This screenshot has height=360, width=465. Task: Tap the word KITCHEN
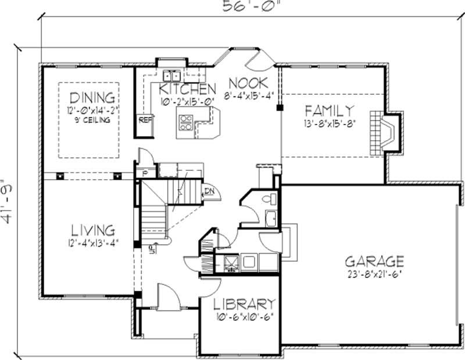coord(184,89)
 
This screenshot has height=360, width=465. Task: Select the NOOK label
coord(248,82)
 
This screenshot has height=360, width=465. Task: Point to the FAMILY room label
coord(329,110)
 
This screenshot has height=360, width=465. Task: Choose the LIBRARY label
coord(243,304)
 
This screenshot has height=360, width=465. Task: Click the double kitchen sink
coord(171,76)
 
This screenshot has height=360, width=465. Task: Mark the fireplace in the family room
coord(385,131)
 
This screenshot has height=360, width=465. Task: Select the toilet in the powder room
coord(269,199)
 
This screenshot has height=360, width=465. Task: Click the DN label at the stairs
coord(209,189)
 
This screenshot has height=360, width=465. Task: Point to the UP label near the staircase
coord(152,251)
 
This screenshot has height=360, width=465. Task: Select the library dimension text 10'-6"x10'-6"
coord(243,317)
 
